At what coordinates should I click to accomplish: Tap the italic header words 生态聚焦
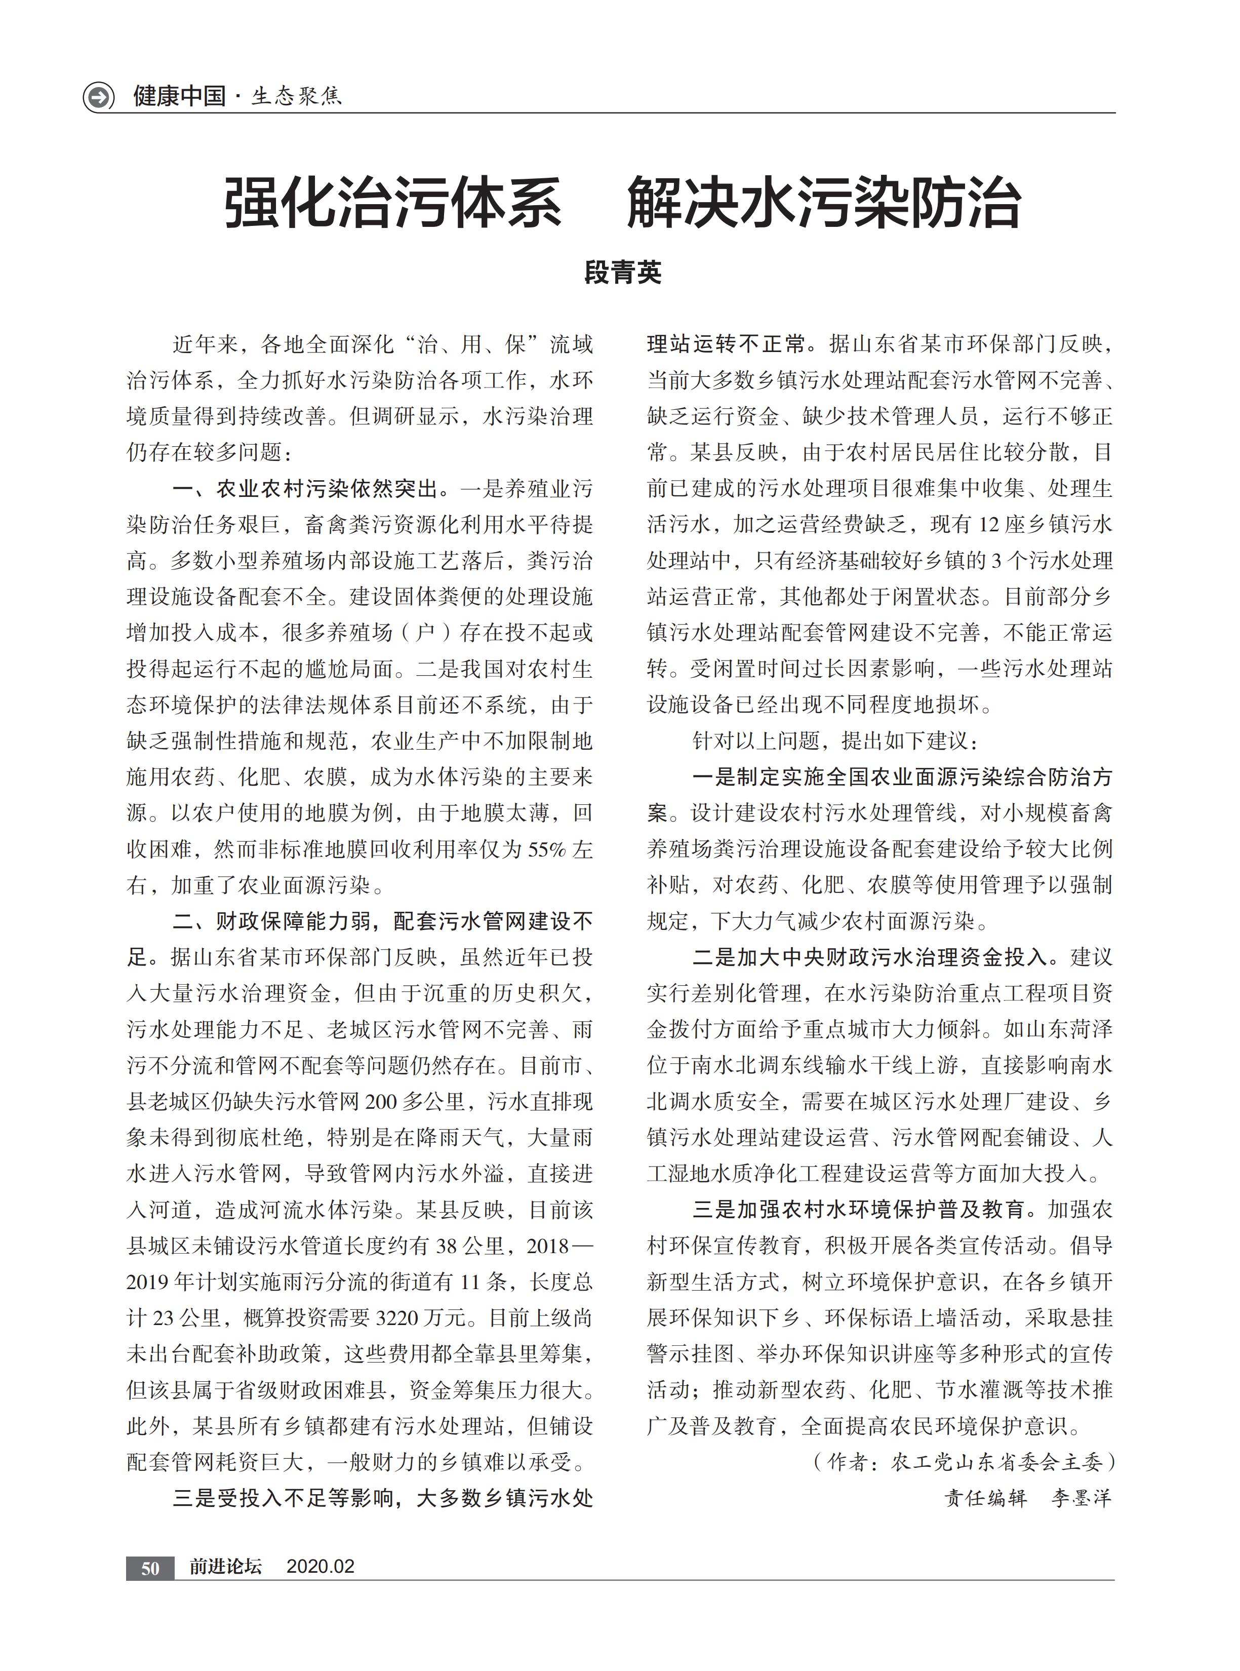297,97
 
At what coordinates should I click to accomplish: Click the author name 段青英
622,273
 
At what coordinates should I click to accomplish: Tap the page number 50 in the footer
150,1568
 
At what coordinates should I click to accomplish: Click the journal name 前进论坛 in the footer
225,1567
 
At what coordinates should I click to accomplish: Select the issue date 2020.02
321,1567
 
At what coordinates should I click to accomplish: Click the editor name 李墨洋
1081,1498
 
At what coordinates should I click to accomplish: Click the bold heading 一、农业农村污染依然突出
305,489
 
